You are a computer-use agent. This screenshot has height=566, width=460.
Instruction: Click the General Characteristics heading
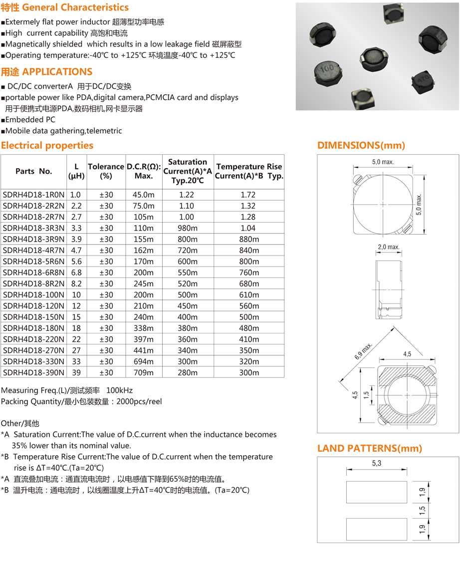(65, 7)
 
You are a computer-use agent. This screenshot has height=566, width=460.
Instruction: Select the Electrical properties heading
(47, 145)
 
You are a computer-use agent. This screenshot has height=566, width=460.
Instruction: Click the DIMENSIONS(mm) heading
(361, 145)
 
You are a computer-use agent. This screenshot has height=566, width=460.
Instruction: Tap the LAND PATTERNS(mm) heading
(370, 448)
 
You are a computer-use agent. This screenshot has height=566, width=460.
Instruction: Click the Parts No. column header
(33, 171)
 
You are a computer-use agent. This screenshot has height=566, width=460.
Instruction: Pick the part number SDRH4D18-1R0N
(33, 195)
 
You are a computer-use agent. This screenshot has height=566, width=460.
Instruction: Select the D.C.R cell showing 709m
(144, 372)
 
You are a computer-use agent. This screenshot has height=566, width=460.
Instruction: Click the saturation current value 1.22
(187, 195)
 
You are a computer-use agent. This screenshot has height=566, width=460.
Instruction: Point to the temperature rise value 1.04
(248, 228)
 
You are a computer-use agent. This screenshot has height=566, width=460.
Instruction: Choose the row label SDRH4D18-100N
(33, 295)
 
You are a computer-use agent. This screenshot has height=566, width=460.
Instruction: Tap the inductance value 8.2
(76, 283)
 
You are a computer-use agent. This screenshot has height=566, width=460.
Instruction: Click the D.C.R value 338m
(144, 328)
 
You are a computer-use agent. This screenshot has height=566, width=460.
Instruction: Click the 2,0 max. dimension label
(389, 247)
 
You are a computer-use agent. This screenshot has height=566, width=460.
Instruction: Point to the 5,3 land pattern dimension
(376, 463)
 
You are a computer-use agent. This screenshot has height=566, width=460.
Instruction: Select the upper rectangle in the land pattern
(377, 492)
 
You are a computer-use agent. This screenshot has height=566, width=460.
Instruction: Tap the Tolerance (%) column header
(106, 171)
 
